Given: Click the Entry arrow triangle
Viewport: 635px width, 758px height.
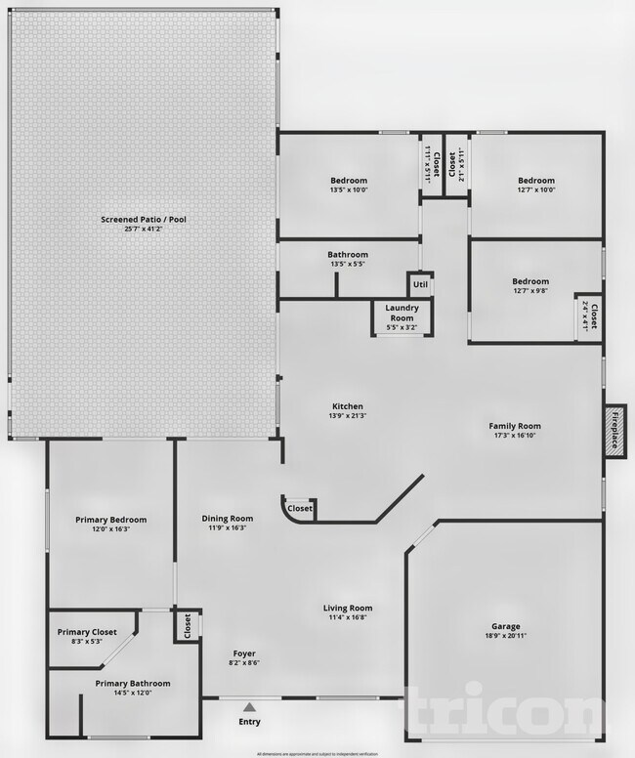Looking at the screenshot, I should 250,707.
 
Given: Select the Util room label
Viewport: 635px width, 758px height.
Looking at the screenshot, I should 420,285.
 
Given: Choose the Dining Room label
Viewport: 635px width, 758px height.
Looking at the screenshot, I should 228,519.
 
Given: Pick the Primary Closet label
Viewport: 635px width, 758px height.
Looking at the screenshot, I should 87,632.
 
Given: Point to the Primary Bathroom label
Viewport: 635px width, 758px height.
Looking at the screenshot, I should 133,683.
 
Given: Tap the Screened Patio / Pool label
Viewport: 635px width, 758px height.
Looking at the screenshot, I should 144,220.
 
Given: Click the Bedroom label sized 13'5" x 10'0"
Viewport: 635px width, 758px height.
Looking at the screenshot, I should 348,181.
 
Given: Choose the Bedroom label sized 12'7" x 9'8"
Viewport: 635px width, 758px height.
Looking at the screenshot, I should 530,281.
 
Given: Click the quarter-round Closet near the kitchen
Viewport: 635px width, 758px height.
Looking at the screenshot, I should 300,508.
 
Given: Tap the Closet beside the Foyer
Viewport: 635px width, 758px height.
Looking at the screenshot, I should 186,625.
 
